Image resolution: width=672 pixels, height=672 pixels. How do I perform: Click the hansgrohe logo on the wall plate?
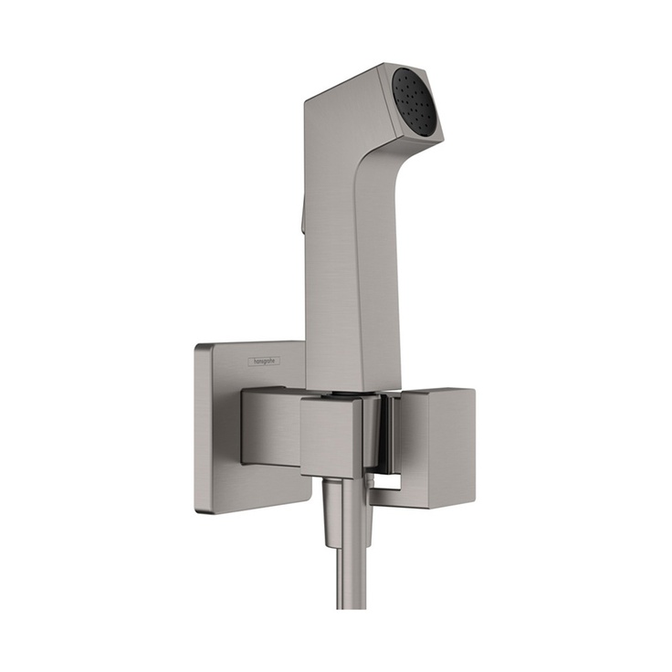(x=265, y=362)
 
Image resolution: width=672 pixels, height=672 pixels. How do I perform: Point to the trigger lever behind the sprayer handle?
(x=300, y=216)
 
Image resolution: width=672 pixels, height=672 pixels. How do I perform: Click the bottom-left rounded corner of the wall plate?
(x=203, y=506)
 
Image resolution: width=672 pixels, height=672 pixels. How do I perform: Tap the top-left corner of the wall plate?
(x=201, y=348)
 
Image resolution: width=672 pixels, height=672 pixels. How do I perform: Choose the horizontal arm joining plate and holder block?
(x=270, y=425)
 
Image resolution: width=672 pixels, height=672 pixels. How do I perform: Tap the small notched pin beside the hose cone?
(x=368, y=511)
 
